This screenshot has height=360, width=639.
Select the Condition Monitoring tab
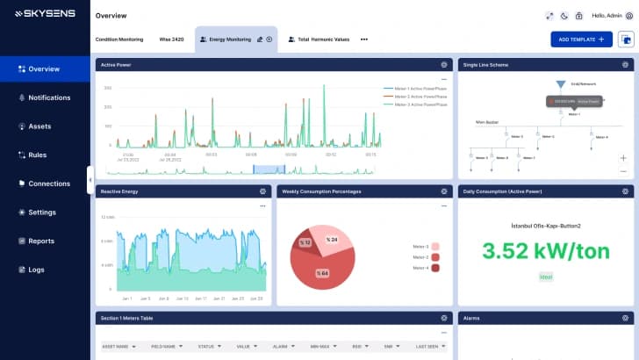coord(118,40)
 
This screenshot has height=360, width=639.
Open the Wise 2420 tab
coord(171,40)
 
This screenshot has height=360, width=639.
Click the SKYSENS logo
coord(44,15)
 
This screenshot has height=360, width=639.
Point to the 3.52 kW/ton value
coord(545,250)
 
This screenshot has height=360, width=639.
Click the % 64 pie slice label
coord(323,273)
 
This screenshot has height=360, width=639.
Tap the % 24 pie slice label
coord(332,239)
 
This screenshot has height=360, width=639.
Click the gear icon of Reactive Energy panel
coord(262,191)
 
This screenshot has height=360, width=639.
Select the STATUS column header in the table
coord(212,346)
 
